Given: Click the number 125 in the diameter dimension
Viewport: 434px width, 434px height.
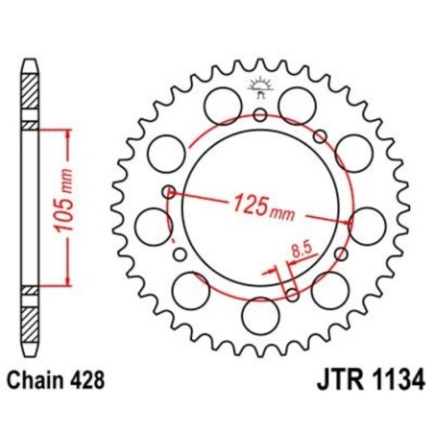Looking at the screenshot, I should pos(250,204).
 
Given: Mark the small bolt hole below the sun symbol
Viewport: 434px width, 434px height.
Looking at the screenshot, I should pos(260,115).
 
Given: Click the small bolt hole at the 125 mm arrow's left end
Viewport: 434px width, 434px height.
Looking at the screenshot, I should pos(170,191).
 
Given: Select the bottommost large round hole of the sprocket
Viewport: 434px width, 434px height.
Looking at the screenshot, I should pos(258,314).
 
